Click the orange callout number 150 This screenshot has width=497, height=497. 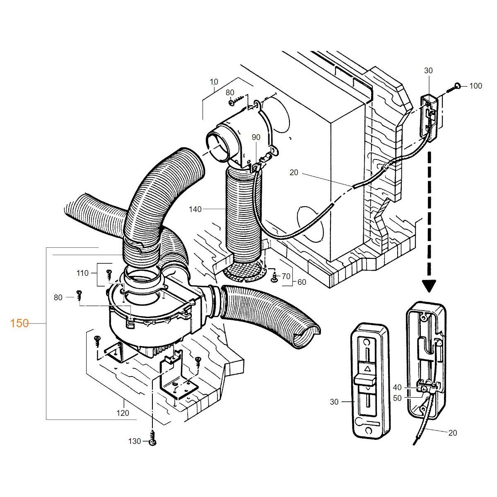[x=19, y=323]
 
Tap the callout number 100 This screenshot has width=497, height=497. [x=475, y=86]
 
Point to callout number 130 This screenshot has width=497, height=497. [x=135, y=442]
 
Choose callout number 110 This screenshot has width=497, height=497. [x=82, y=273]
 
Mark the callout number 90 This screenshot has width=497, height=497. [x=256, y=137]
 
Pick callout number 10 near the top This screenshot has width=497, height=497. [x=214, y=82]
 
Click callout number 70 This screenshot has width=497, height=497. [x=286, y=276]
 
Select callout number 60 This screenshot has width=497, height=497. [x=302, y=282]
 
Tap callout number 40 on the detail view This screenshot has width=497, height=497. [x=397, y=387]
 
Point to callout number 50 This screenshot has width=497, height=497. [x=397, y=398]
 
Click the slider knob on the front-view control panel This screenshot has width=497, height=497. [x=365, y=380]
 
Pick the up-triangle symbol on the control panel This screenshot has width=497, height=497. [x=367, y=368]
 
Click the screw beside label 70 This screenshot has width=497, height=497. [x=273, y=278]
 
